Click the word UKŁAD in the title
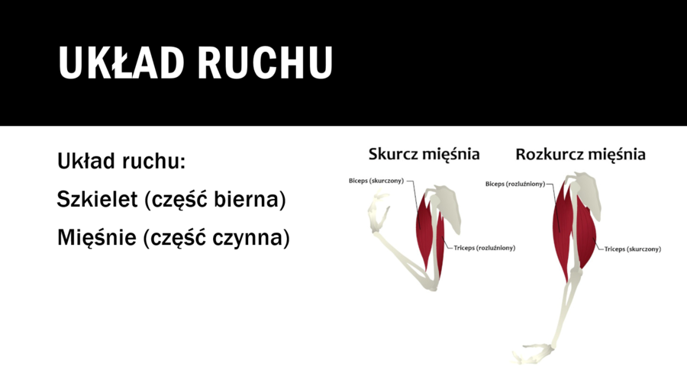121,63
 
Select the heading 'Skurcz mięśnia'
424,154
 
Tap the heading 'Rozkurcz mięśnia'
580,154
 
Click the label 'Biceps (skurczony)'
376,181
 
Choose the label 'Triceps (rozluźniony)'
483,247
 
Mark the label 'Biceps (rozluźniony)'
515,183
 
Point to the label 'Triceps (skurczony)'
633,249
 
